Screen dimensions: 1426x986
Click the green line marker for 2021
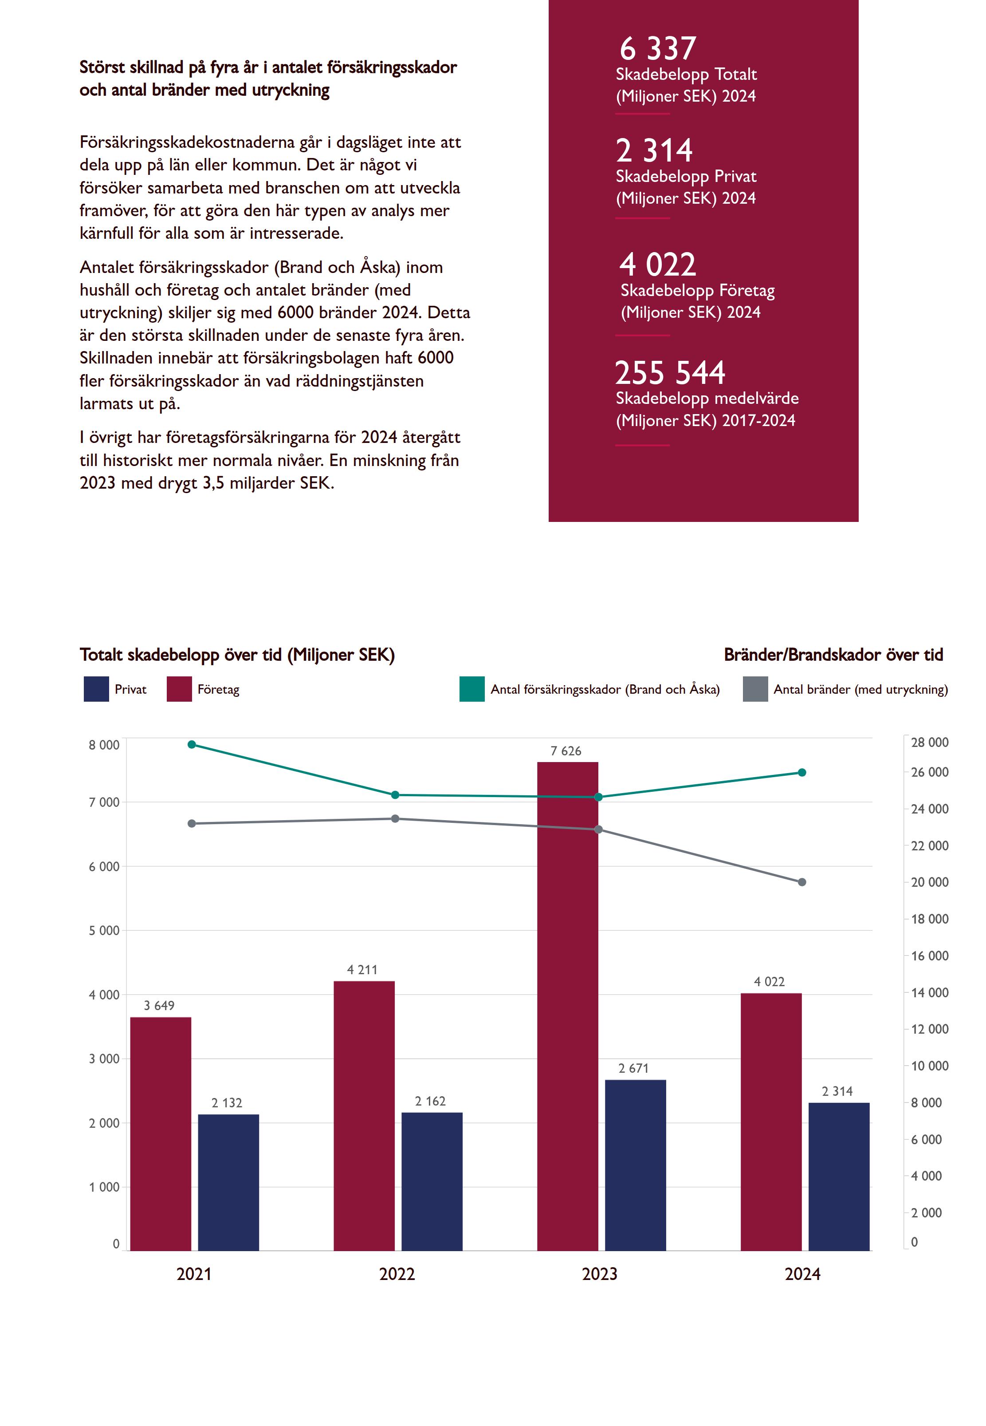tap(192, 744)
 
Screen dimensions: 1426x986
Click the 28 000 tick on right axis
tap(929, 743)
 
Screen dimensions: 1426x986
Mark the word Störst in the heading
tap(102, 67)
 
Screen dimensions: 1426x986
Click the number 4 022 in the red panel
tap(657, 265)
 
